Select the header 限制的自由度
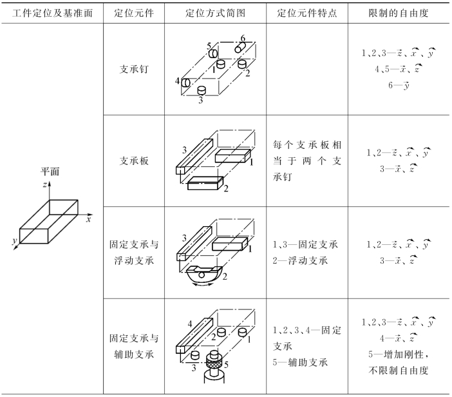click(x=400, y=13)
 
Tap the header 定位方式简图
click(x=216, y=13)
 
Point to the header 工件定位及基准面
click(x=52, y=13)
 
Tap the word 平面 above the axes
click(x=51, y=171)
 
